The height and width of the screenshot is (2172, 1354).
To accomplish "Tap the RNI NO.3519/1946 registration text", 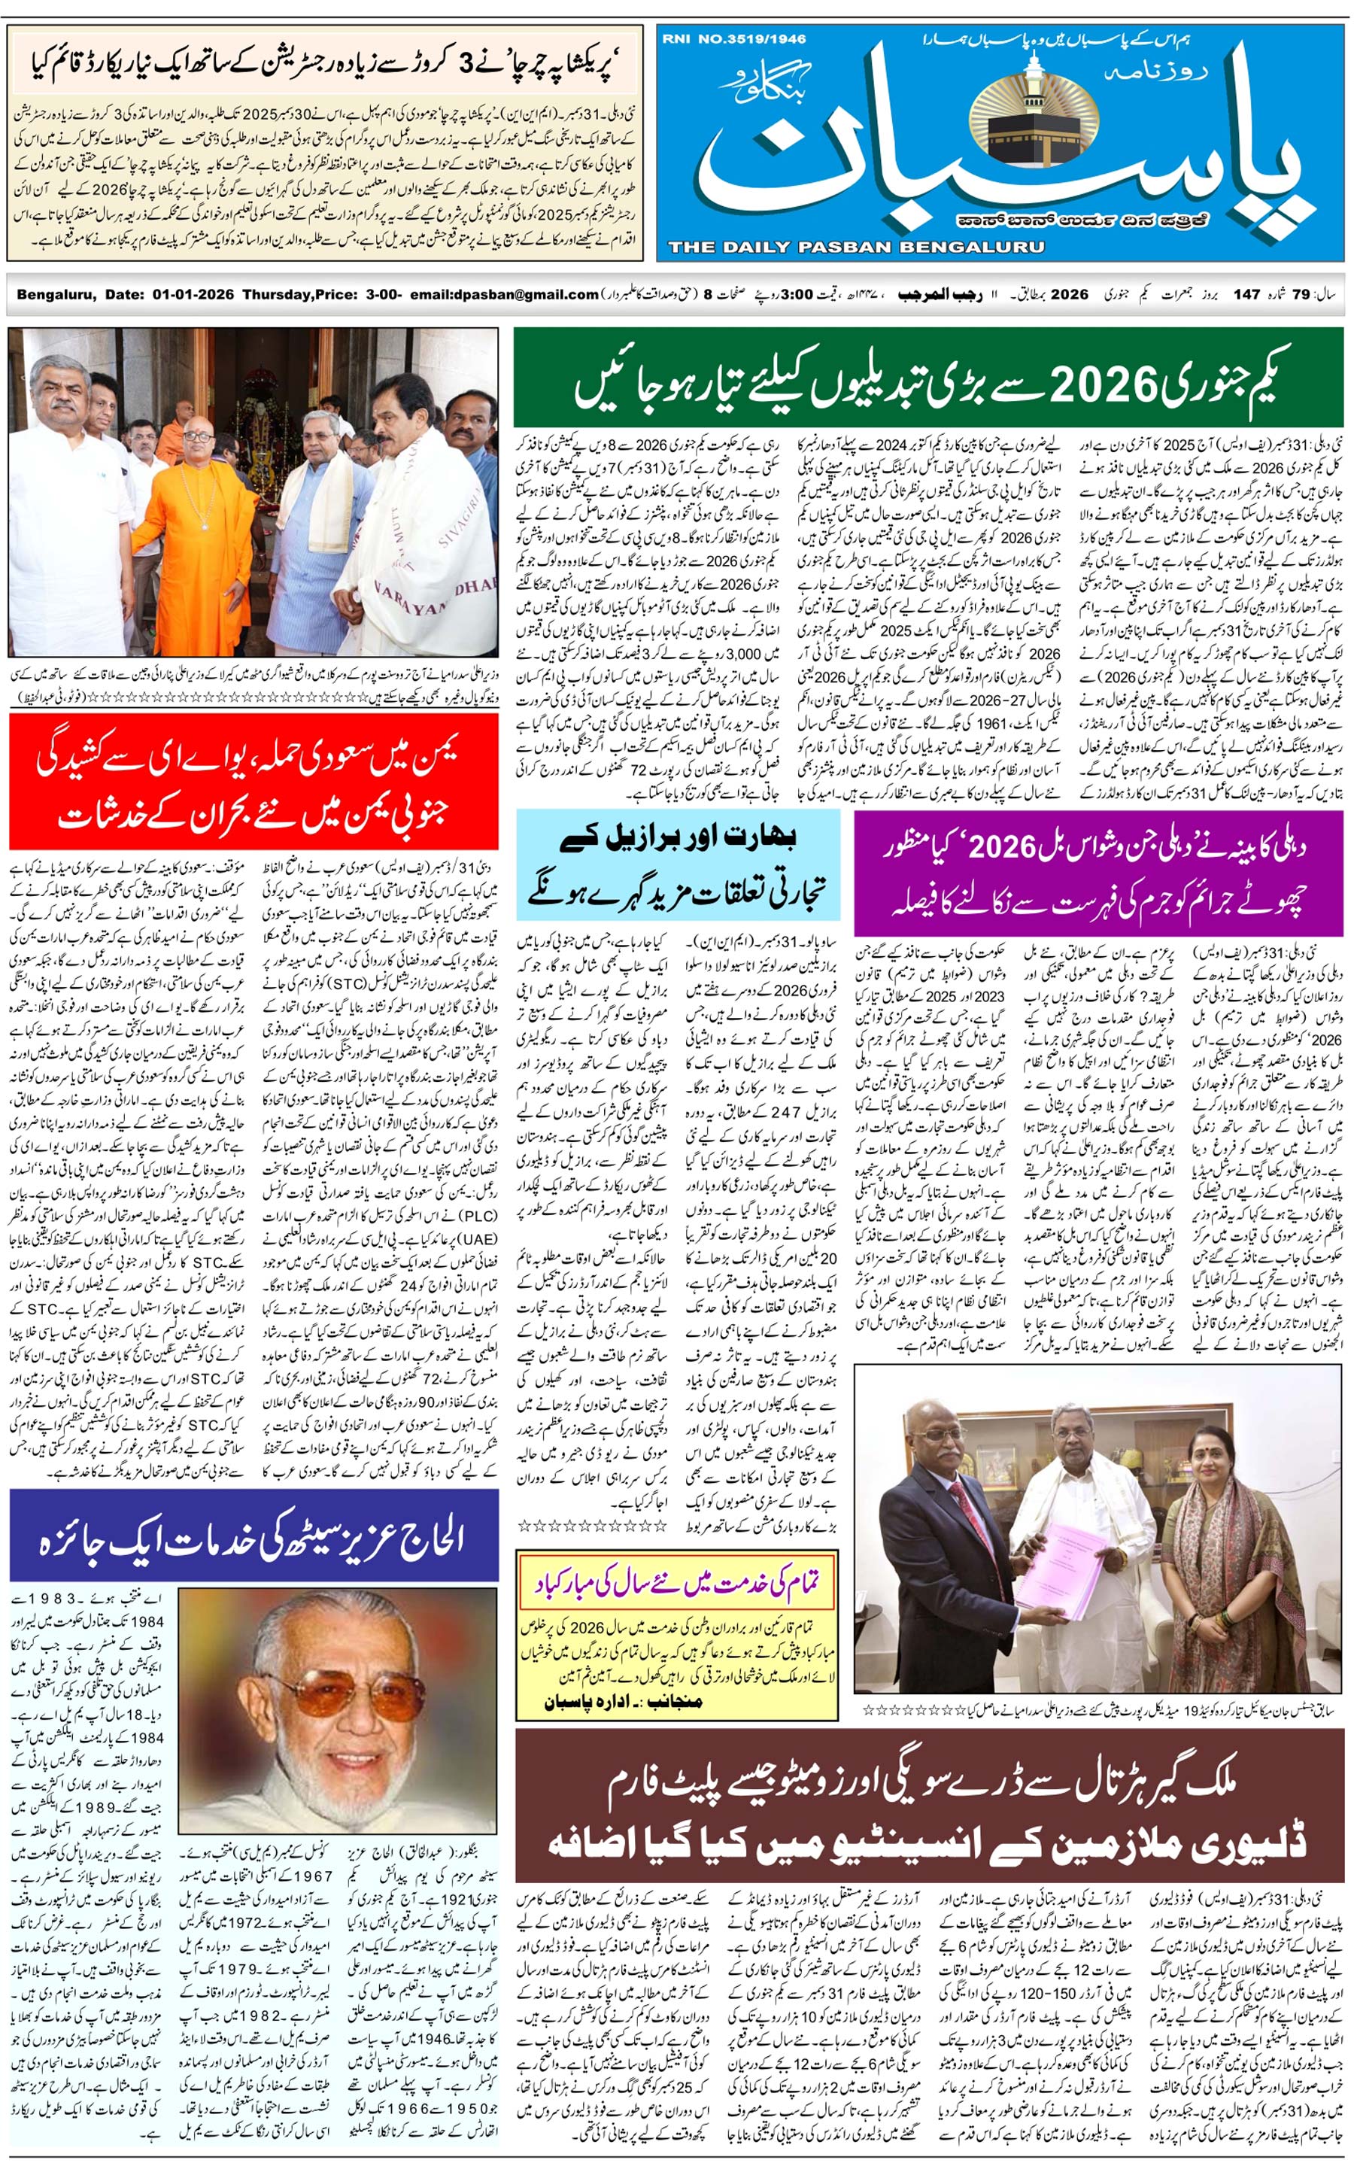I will (734, 38).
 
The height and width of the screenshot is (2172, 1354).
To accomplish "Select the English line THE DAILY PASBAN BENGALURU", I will (855, 248).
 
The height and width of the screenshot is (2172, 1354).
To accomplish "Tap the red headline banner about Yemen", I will (253, 781).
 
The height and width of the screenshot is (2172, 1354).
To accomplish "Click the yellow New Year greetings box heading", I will (677, 1584).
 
